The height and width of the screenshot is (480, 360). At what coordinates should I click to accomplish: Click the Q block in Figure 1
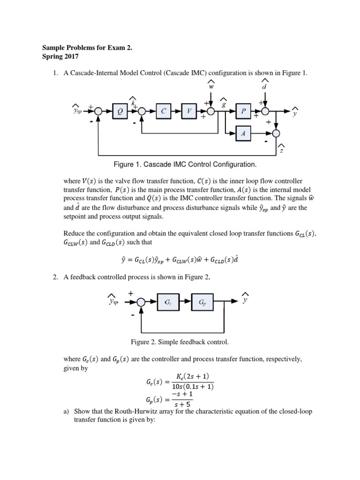click(x=120, y=111)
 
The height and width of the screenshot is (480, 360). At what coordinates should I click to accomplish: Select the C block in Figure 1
click(x=164, y=111)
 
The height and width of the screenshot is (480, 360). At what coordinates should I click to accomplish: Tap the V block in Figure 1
click(x=189, y=111)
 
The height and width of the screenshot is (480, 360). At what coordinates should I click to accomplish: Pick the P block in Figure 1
click(x=243, y=111)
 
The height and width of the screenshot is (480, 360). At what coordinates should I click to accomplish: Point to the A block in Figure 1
click(x=243, y=134)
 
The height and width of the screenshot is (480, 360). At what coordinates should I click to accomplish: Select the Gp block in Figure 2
click(x=202, y=303)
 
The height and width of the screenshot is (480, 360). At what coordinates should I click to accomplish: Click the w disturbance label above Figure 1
click(x=211, y=86)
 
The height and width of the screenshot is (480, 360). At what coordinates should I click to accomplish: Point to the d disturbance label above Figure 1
click(x=264, y=86)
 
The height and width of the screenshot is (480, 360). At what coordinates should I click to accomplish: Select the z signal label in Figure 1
click(x=281, y=150)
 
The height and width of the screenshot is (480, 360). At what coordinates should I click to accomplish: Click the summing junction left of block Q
click(x=98, y=111)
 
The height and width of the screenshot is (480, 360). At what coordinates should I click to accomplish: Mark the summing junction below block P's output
click(x=277, y=134)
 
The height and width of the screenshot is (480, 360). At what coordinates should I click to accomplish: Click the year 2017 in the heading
click(x=72, y=57)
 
